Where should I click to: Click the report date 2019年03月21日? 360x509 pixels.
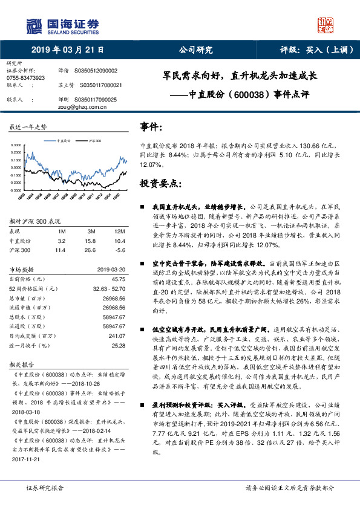[67, 50]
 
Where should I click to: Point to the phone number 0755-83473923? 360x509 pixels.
[25, 78]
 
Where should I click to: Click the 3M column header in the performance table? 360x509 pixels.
[91, 232]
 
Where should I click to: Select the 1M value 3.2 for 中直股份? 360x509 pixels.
[62, 241]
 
